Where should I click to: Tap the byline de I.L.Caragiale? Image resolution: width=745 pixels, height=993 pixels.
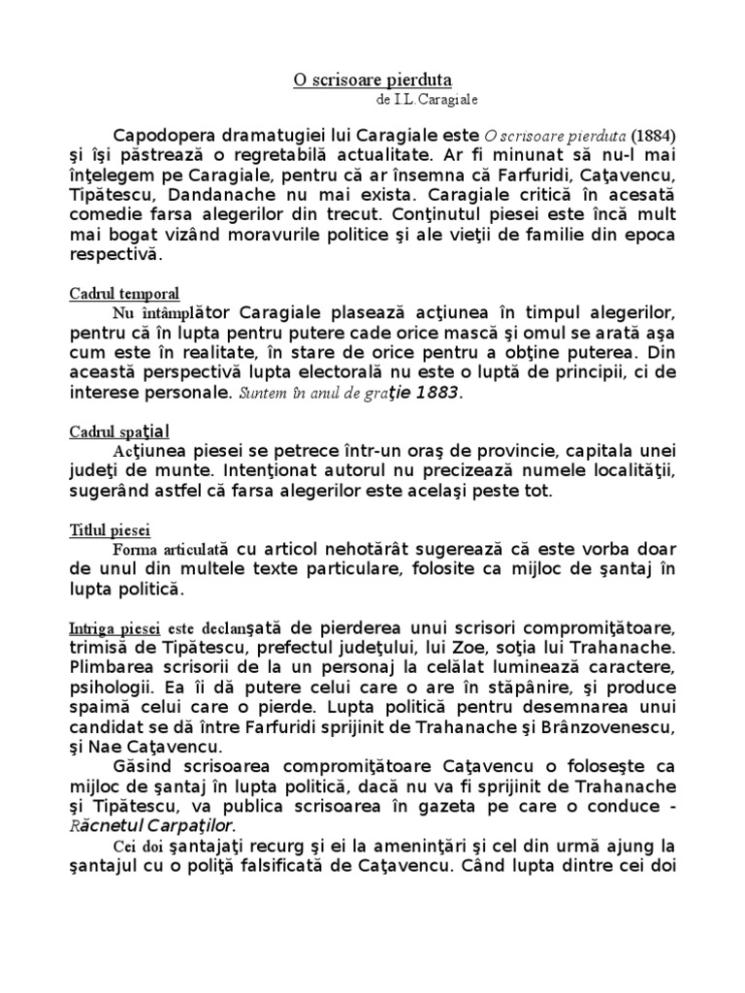click(425, 99)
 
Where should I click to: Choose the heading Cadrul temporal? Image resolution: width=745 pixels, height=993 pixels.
click(124, 294)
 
